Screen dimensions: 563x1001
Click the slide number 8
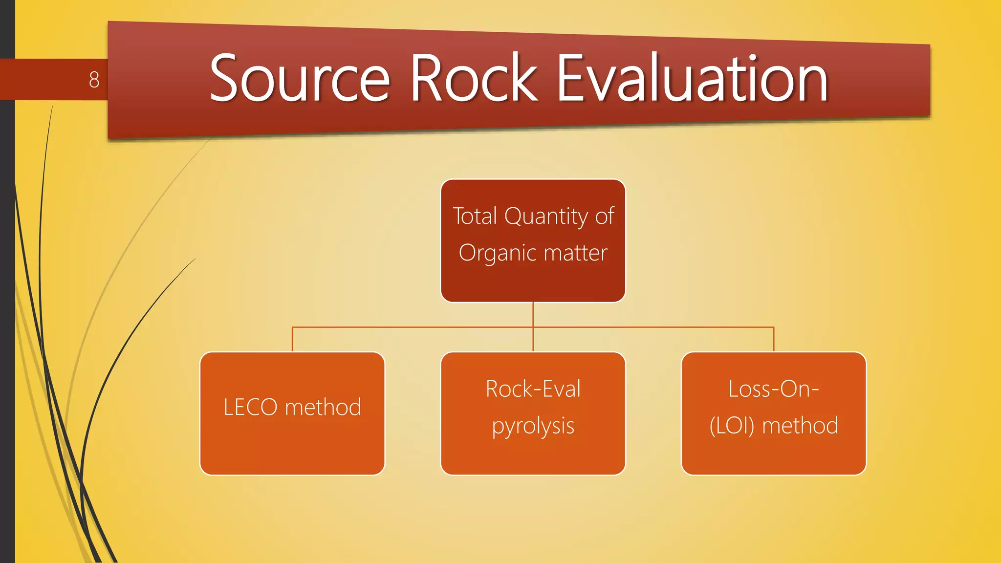94,80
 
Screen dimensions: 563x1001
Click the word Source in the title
300,78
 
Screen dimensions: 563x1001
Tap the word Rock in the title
473,78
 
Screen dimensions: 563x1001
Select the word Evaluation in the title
692,78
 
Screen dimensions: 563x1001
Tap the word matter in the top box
575,253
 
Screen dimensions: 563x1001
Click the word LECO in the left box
250,407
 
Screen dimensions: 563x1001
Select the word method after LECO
323,407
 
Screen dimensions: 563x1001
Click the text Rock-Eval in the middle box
533,389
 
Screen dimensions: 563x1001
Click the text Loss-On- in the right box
773,389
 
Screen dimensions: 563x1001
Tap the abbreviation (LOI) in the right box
732,426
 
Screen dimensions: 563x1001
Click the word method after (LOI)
800,426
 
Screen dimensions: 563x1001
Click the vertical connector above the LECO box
292,339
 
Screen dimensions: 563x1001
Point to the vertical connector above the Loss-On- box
774,339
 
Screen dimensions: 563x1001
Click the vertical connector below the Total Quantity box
533,315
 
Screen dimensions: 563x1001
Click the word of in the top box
605,216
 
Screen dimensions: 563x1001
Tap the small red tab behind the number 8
49,80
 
